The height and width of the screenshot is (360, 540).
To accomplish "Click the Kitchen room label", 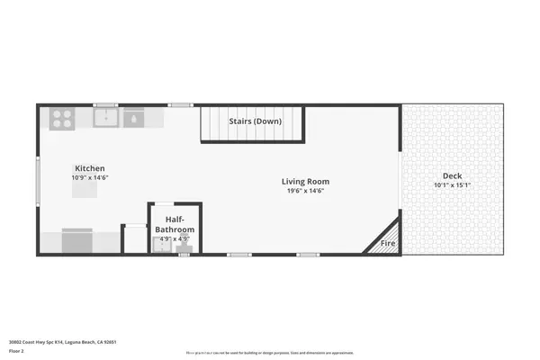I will (x=90, y=168).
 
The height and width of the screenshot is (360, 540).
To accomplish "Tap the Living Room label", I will (x=305, y=180).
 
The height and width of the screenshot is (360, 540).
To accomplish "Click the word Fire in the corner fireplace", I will (x=389, y=243).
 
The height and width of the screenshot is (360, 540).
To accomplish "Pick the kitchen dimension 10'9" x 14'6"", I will (x=90, y=178).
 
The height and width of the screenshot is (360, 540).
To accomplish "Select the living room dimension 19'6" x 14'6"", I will (x=305, y=190).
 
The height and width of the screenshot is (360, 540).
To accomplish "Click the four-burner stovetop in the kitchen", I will (x=62, y=116).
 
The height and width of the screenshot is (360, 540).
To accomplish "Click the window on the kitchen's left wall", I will (x=38, y=180).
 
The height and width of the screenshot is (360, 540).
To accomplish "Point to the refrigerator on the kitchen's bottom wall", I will (x=78, y=241).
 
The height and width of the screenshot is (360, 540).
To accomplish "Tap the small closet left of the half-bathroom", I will (x=134, y=239).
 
